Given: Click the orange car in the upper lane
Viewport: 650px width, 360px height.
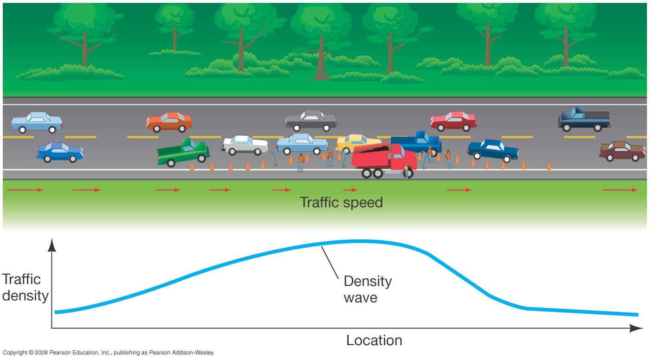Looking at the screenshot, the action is point(170,122).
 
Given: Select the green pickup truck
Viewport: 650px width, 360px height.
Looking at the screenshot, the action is point(183,153).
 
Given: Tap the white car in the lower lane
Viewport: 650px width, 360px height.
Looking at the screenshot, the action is point(245,145).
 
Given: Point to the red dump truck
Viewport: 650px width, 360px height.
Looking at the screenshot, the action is point(383,161).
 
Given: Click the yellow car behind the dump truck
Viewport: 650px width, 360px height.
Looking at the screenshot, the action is point(357,143).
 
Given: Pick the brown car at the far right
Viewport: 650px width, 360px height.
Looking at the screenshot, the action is point(618,151).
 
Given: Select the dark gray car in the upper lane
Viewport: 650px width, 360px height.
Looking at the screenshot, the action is point(311,121).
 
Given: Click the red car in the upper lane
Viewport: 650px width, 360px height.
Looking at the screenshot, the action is point(453,121).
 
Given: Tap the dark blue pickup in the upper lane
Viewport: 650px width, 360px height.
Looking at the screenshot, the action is point(584,119).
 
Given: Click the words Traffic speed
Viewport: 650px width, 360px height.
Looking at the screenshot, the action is point(341,202).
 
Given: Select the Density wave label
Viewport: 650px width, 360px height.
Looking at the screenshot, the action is point(368,289).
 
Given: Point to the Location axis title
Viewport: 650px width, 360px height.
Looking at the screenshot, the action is point(374,340).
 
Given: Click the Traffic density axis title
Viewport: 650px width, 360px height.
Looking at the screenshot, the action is point(25,288).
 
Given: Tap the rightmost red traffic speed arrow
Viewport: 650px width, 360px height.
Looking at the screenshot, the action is point(620,190).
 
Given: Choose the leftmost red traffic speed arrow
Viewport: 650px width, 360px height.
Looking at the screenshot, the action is point(25,190).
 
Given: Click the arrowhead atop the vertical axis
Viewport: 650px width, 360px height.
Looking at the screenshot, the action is point(51,245).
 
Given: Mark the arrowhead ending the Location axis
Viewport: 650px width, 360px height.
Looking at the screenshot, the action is point(637,328).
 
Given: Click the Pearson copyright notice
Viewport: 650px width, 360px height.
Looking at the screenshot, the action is point(108,353).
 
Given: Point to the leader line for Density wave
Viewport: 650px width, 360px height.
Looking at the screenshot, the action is point(330,263).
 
